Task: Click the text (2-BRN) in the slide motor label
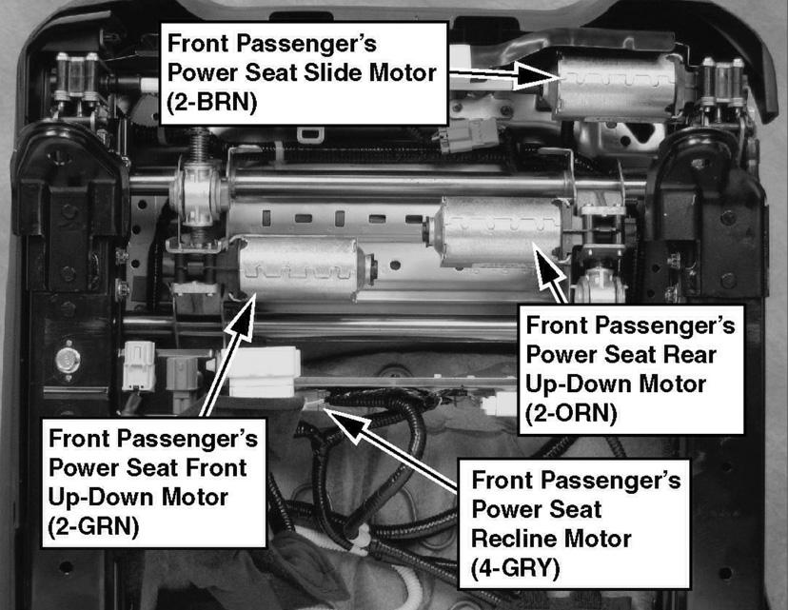(x=211, y=102)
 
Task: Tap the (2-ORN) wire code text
(x=570, y=414)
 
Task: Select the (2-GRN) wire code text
(x=93, y=526)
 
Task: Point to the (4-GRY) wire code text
(x=516, y=568)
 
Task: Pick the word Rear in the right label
(x=689, y=355)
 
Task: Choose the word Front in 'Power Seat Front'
(x=217, y=468)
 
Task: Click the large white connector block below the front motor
(x=263, y=372)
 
